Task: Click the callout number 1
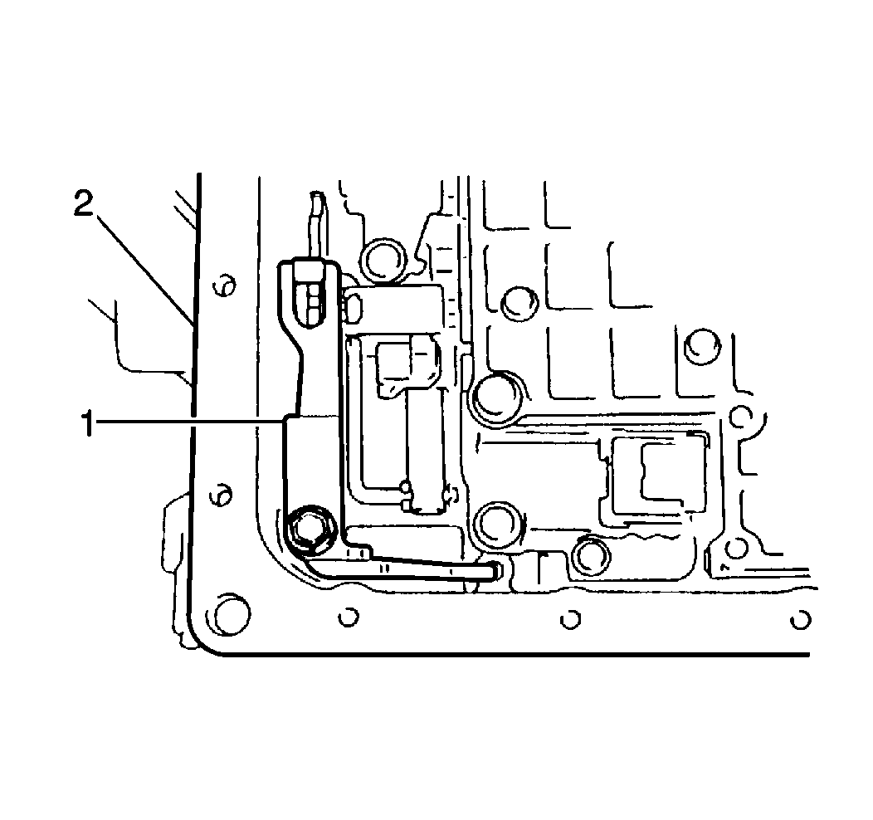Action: point(87,423)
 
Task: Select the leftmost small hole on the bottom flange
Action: point(349,617)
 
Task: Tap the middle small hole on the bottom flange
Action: point(569,620)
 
